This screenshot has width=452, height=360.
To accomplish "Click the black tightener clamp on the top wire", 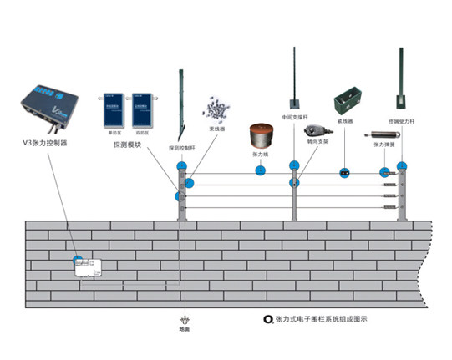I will pos(343,173).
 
